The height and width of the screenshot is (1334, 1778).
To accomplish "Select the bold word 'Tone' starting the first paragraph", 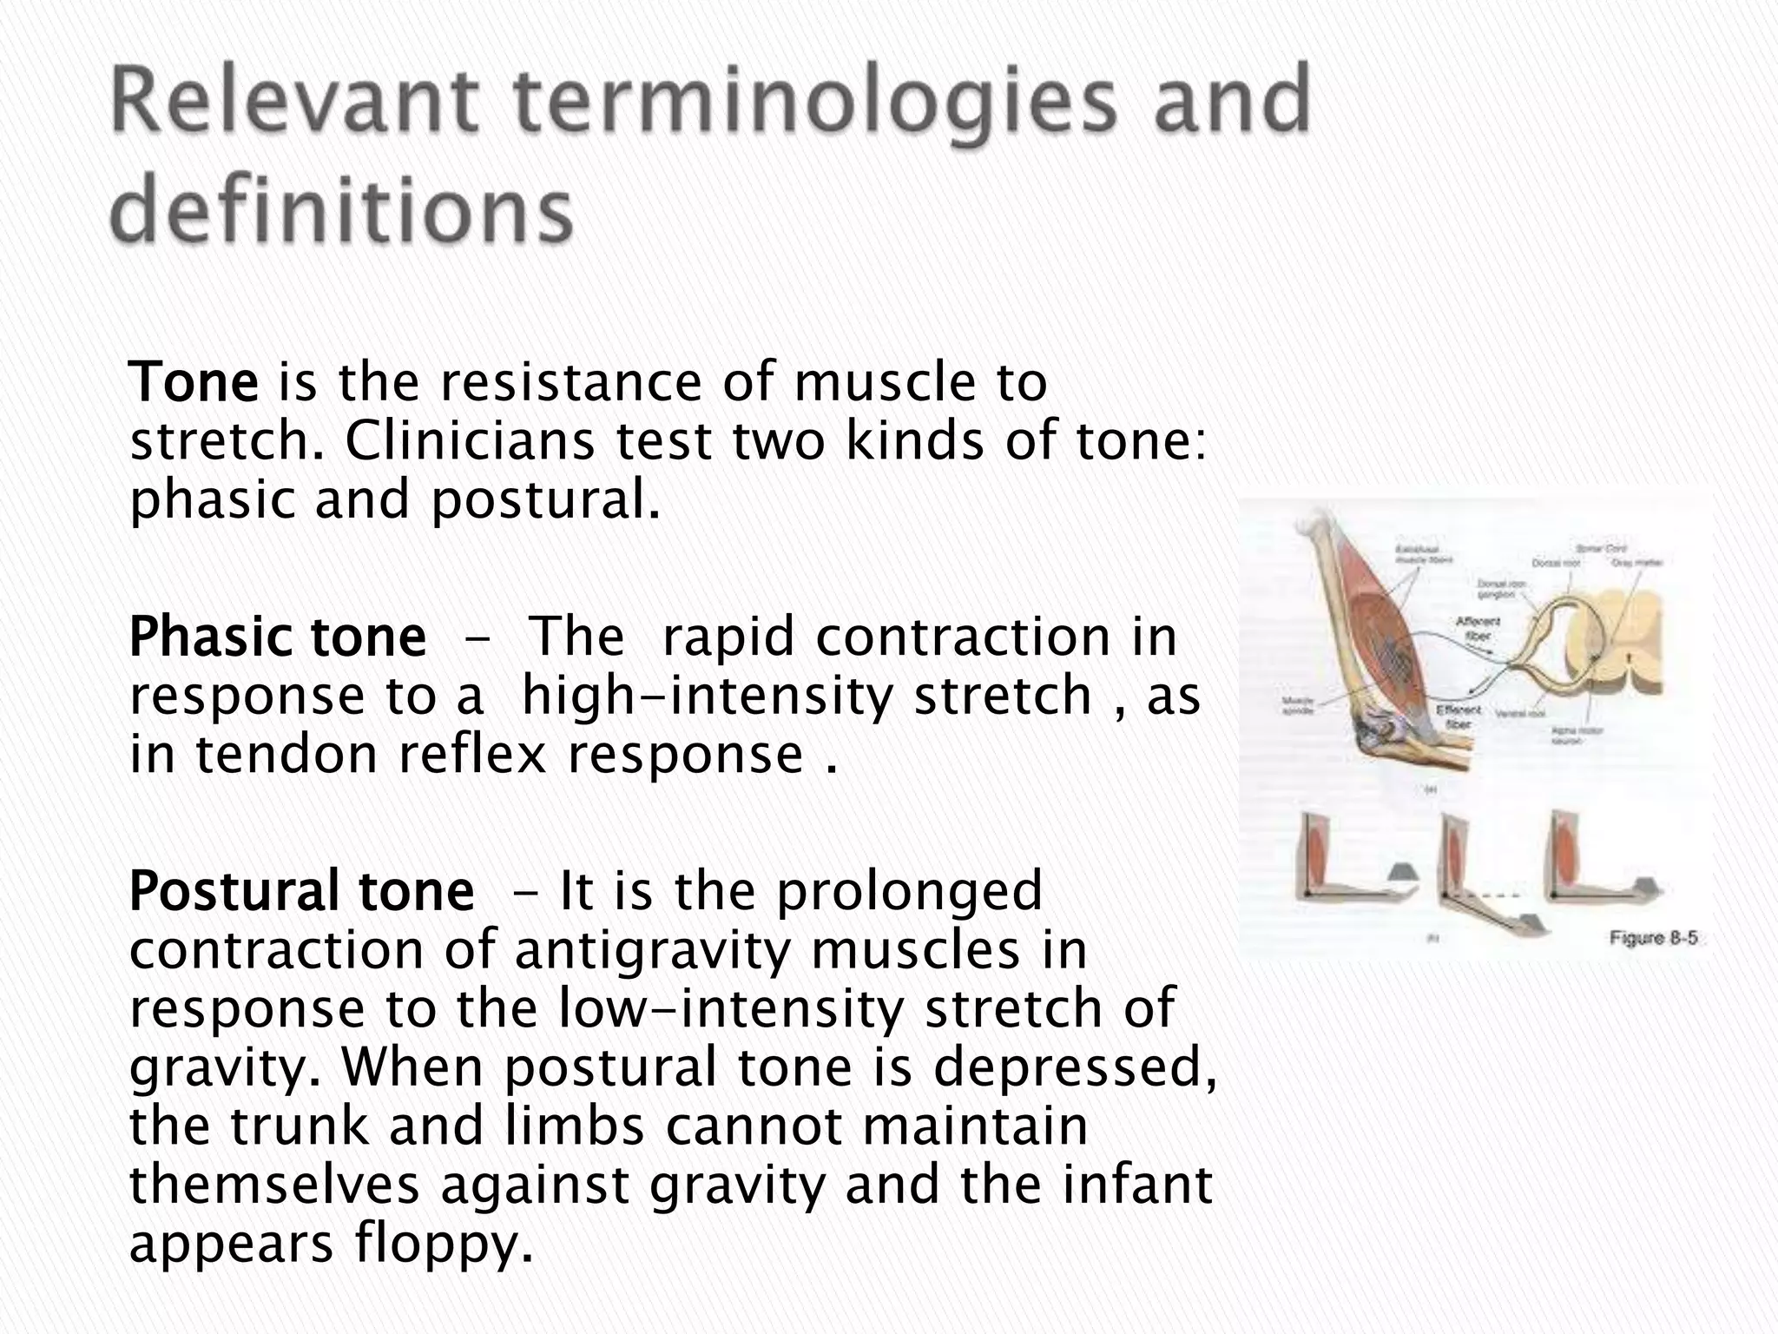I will point(193,382).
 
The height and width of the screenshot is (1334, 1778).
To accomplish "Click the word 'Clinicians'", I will point(470,441).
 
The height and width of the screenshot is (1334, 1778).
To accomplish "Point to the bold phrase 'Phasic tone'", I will point(277,637).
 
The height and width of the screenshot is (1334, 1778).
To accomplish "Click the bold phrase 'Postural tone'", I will point(301,891).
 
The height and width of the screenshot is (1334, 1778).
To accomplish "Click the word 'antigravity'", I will point(652,949).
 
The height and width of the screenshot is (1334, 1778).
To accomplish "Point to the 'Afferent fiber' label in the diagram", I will point(1478,627).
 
